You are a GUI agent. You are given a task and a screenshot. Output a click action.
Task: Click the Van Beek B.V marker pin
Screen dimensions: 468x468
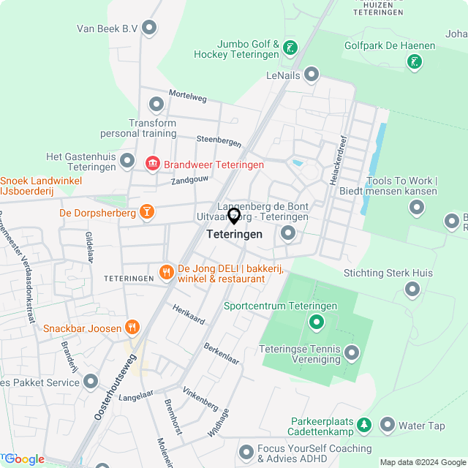pos(150,29)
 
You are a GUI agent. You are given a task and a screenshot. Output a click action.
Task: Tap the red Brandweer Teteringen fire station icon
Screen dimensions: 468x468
pos(153,165)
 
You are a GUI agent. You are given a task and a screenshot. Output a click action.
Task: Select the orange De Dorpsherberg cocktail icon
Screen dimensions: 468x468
pos(147,213)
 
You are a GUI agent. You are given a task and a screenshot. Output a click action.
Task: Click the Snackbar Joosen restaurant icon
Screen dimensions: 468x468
pos(132,328)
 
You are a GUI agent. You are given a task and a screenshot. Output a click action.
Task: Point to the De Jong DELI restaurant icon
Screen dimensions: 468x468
pos(167,273)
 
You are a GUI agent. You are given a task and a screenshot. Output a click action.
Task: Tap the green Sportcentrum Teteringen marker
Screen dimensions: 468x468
pos(316,321)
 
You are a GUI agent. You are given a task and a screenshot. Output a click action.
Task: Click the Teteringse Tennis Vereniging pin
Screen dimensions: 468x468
pos(352,354)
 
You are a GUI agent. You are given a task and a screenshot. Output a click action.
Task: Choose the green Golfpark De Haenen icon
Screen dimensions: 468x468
pos(415,61)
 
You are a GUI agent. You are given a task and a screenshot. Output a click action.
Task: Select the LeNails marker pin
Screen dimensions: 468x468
pos(312,75)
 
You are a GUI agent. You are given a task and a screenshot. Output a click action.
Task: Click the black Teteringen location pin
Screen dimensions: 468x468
pos(234,216)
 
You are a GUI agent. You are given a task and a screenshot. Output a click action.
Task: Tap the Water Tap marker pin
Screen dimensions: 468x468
pos(387,425)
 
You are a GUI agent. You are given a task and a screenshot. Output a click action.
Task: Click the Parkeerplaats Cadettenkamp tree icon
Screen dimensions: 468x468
pos(364,425)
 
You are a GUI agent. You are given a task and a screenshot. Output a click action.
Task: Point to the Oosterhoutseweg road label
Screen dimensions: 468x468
pos(116,387)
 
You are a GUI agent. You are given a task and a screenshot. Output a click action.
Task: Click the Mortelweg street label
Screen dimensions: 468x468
pos(188,95)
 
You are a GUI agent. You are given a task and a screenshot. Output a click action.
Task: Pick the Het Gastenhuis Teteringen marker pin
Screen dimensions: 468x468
pos(128,160)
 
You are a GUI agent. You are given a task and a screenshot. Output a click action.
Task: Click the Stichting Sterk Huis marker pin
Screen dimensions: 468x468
pos(412,290)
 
